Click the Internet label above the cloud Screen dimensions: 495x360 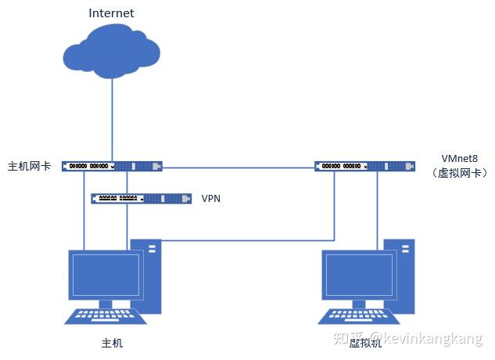[x=111, y=13]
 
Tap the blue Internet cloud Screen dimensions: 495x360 [x=112, y=52]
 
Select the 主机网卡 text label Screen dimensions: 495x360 [x=30, y=166]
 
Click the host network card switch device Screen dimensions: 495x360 [x=112, y=166]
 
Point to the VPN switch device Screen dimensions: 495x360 [x=141, y=199]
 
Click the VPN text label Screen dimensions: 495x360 [x=211, y=199]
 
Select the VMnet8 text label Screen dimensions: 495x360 [x=459, y=158]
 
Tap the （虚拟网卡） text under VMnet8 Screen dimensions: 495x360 [x=459, y=173]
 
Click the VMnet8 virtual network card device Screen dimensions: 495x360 [x=365, y=166]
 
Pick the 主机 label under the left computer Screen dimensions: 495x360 [x=112, y=343]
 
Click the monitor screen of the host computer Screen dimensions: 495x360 [x=106, y=275]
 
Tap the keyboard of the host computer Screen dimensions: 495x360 [x=106, y=316]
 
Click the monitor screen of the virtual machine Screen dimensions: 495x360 [x=359, y=275]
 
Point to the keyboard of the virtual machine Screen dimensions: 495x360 [x=359, y=316]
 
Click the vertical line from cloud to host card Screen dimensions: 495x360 [x=112, y=120]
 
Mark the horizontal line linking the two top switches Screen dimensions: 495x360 [x=239, y=167]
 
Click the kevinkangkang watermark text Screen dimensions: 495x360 [x=426, y=338]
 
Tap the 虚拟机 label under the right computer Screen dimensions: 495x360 [x=365, y=343]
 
